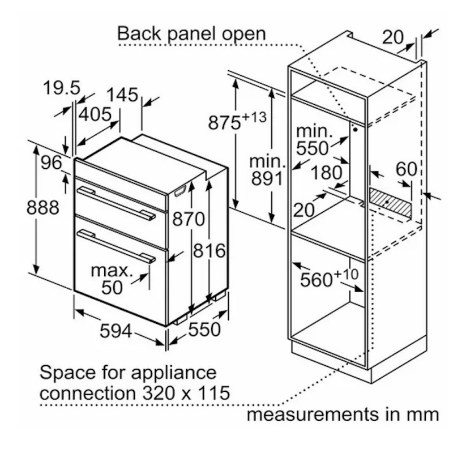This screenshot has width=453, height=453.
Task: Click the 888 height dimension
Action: point(43,207)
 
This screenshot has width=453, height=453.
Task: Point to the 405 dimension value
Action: point(95,114)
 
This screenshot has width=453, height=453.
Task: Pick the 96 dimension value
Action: point(51,163)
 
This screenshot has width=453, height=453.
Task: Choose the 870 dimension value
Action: point(187,219)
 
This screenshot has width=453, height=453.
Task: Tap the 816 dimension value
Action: point(208,250)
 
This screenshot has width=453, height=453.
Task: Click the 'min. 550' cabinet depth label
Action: point(313,139)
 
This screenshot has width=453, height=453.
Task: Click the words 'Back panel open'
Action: point(191,33)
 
